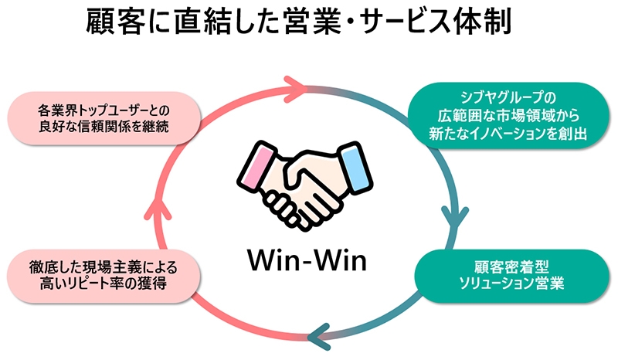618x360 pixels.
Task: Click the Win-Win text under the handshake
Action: pyautogui.click(x=307, y=260)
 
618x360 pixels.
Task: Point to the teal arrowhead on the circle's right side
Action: pyautogui.click(x=455, y=218)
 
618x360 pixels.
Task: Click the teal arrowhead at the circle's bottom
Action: pyautogui.click(x=319, y=337)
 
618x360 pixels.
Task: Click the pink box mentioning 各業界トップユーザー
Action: pyautogui.click(x=104, y=118)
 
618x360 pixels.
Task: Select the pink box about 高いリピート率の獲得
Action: pyautogui.click(x=104, y=276)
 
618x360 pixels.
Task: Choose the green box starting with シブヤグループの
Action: pyautogui.click(x=508, y=115)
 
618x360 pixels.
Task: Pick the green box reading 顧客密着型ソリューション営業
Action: pyautogui.click(x=511, y=276)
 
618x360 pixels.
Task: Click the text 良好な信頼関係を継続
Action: pyautogui.click(x=104, y=127)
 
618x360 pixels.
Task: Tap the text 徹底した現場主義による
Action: pyautogui.click(x=104, y=268)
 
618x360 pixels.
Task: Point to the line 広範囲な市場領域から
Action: pyautogui.click(x=508, y=116)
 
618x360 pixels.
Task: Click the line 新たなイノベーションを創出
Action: pyautogui.click(x=508, y=134)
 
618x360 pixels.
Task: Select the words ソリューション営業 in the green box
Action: pyautogui.click(x=511, y=284)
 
